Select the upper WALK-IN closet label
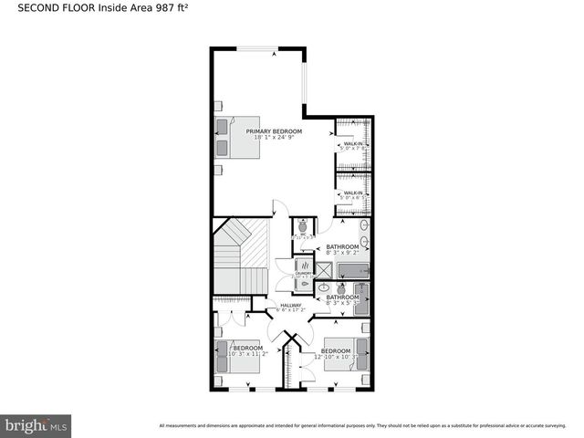[x=353, y=144]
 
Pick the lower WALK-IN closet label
[x=353, y=193]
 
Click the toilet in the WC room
[x=303, y=226]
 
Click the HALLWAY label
[x=290, y=305]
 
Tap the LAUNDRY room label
[x=303, y=273]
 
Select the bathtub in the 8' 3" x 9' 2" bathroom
[x=352, y=270]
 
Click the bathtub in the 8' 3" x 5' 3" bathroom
[x=362, y=299]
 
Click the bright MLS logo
[x=37, y=425]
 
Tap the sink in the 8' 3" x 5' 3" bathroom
[x=325, y=286]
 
